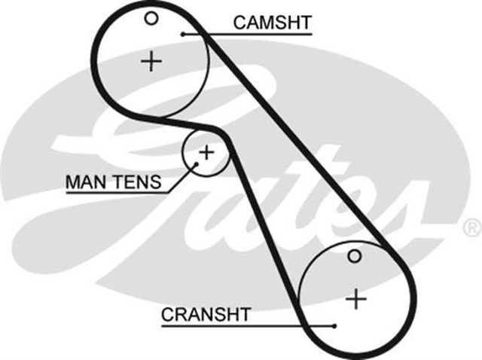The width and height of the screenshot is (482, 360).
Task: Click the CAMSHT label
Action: (272, 23)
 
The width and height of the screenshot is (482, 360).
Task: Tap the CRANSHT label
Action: (205, 314)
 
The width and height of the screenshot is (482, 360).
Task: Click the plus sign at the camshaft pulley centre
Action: (152, 60)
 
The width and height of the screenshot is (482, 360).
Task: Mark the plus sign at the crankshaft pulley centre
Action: (355, 299)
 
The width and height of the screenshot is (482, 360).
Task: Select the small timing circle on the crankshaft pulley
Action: (355, 257)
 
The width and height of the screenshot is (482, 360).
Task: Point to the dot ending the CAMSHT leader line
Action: (183, 34)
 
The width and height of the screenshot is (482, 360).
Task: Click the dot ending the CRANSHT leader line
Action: (334, 326)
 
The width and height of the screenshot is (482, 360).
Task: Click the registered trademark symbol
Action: (471, 226)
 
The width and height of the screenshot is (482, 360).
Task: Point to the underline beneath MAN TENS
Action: (113, 191)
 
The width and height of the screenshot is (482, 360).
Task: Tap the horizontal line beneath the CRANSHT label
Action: (241, 326)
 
